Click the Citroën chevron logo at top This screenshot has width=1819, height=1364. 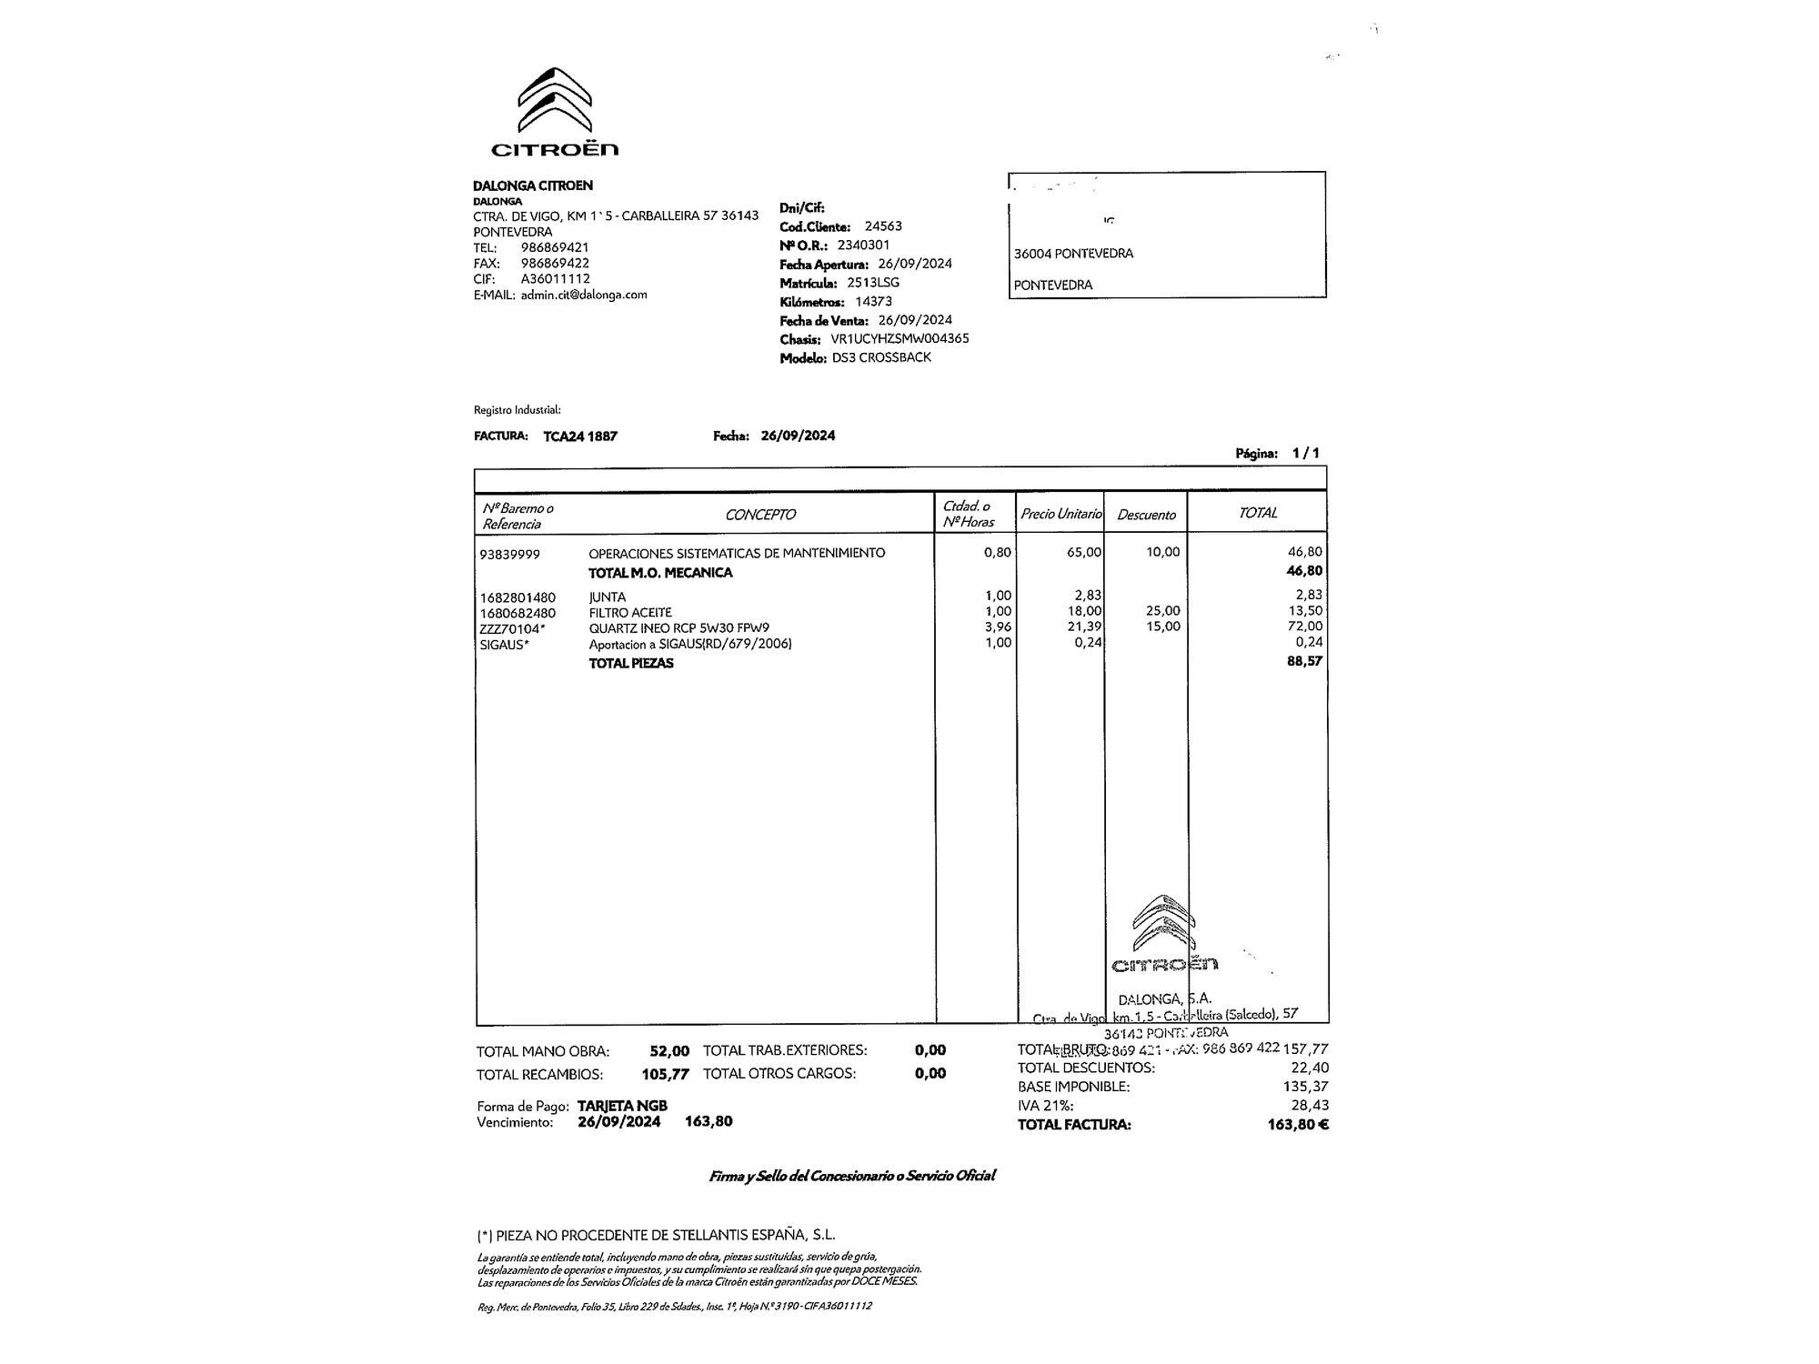point(554,100)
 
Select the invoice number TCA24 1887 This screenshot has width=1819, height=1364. point(580,436)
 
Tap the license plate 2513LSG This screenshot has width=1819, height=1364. point(873,283)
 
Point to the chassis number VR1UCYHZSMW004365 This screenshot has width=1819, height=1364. point(899,339)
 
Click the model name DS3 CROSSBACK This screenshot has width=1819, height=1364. point(881,358)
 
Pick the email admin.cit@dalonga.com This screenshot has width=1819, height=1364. point(584,295)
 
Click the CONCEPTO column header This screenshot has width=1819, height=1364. point(760,515)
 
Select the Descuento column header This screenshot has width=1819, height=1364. point(1146,515)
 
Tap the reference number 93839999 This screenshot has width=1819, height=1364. point(510,554)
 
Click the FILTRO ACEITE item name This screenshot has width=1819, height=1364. point(630,613)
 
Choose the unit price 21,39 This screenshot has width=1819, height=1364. point(1086,627)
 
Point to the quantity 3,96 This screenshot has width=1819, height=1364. point(998,627)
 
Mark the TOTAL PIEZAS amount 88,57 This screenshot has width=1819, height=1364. point(1304,661)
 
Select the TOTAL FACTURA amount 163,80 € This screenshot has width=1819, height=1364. point(1298,1125)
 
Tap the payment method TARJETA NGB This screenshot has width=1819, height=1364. point(622,1106)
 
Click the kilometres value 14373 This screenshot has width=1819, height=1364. point(873,302)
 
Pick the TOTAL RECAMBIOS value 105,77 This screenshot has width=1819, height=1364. point(666,1075)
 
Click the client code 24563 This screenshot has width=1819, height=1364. point(883,226)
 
